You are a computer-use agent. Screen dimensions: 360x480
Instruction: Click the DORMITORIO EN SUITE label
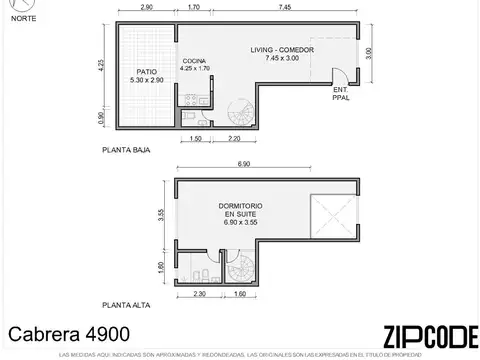tap(241, 214)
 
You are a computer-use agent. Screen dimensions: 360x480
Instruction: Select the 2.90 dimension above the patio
tap(147, 7)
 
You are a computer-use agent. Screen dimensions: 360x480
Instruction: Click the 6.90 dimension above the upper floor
tap(244, 162)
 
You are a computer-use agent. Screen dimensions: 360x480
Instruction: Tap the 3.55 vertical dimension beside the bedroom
tap(161, 214)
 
